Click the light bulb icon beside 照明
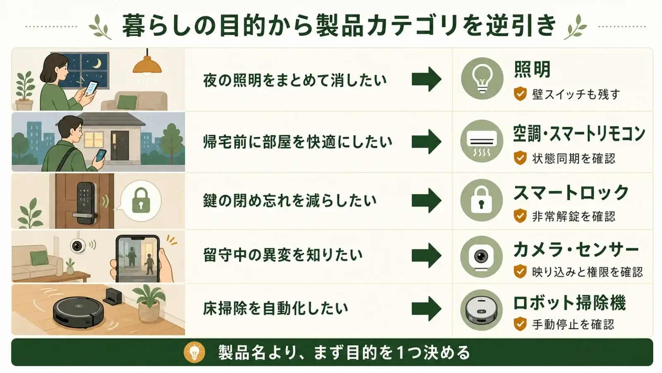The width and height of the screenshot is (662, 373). [x=482, y=78]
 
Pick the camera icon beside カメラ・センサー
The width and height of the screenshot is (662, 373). [x=481, y=257]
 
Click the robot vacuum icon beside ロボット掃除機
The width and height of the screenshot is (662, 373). [x=481, y=310]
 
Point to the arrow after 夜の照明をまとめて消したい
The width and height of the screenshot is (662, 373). [x=427, y=79]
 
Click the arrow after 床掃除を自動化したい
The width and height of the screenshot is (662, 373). [x=427, y=309]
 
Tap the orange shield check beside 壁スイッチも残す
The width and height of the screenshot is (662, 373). [x=520, y=94]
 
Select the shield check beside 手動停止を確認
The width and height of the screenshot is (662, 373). [x=520, y=324]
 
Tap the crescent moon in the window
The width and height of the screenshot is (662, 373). [x=97, y=63]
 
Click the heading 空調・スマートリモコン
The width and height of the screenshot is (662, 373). [x=579, y=134]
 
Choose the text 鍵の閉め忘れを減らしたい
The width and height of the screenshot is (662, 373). [x=290, y=201]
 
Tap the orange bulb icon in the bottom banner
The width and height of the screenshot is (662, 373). [x=194, y=352]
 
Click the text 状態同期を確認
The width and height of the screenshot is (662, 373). [x=573, y=159]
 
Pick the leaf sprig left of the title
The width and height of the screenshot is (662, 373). [x=100, y=27]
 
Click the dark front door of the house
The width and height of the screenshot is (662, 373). [x=120, y=145]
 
